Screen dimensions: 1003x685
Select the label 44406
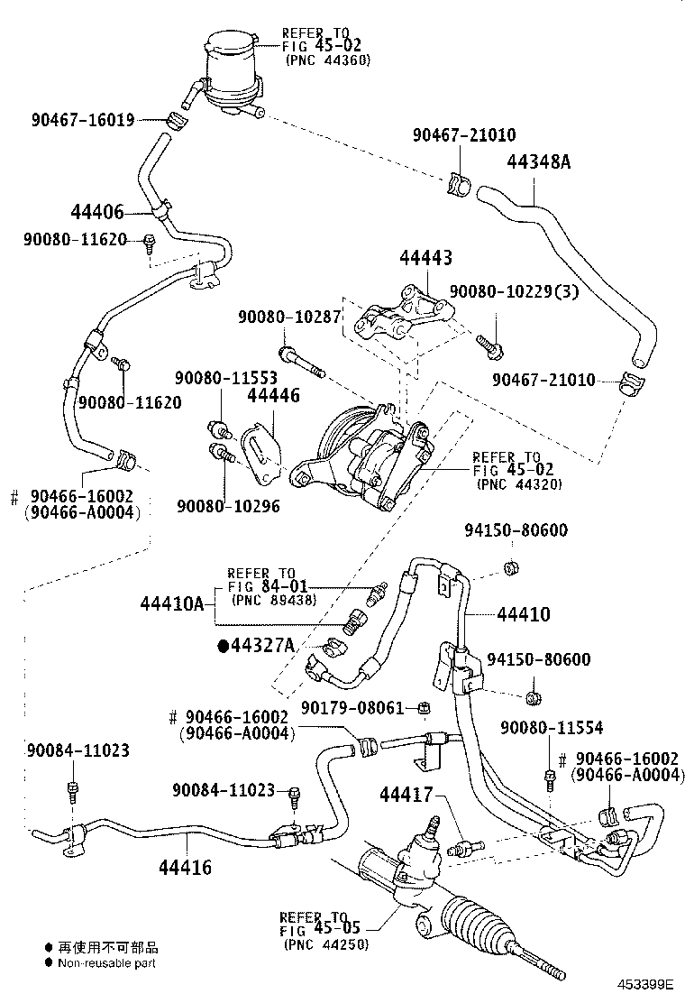[x=96, y=213]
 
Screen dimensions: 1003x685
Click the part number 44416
[x=185, y=868]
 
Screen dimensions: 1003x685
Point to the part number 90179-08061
[x=352, y=708]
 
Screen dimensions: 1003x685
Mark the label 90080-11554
[x=553, y=727]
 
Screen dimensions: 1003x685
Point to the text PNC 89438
[x=273, y=600]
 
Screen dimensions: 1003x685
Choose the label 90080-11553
[x=226, y=377]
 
